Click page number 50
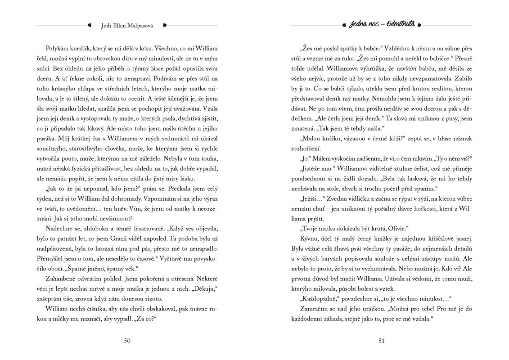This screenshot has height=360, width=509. pyautogui.click(x=127, y=341)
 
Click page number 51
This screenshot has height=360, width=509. pyautogui.click(x=382, y=341)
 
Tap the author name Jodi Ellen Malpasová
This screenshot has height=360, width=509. pyautogui.click(x=127, y=25)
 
